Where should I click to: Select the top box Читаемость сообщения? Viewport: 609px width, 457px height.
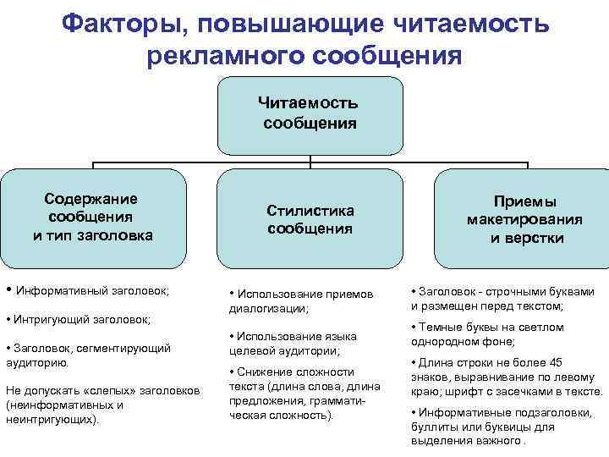(x=310, y=113)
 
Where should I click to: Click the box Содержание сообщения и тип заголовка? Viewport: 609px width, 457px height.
(x=93, y=217)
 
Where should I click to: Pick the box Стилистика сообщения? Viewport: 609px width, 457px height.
(x=310, y=219)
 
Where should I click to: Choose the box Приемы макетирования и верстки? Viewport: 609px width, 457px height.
(x=525, y=220)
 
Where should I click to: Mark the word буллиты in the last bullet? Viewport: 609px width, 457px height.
(x=439, y=427)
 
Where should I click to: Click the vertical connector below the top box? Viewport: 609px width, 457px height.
(x=310, y=159)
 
